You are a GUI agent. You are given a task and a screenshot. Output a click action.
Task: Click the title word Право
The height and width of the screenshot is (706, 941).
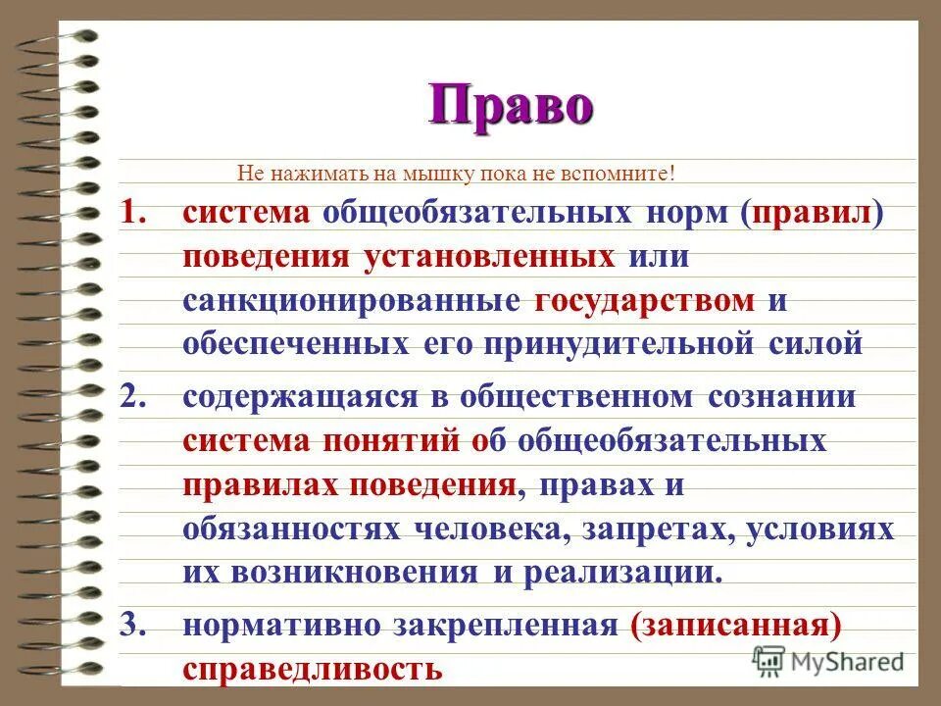[511, 105]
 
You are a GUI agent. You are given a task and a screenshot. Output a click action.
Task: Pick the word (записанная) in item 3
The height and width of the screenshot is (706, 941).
[738, 624]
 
